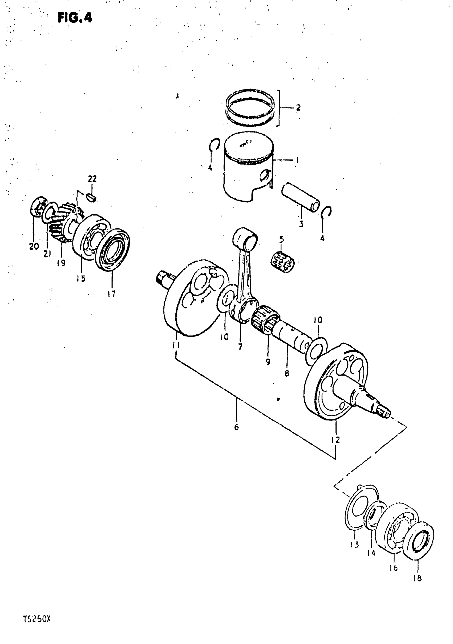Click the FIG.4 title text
pos(75,18)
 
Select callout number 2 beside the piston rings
pos(298,107)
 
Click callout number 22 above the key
pos(92,179)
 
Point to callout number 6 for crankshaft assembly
pos(236,427)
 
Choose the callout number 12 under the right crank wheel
pos(335,439)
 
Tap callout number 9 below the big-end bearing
pos(268,362)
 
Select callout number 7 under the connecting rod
pos(240,347)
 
